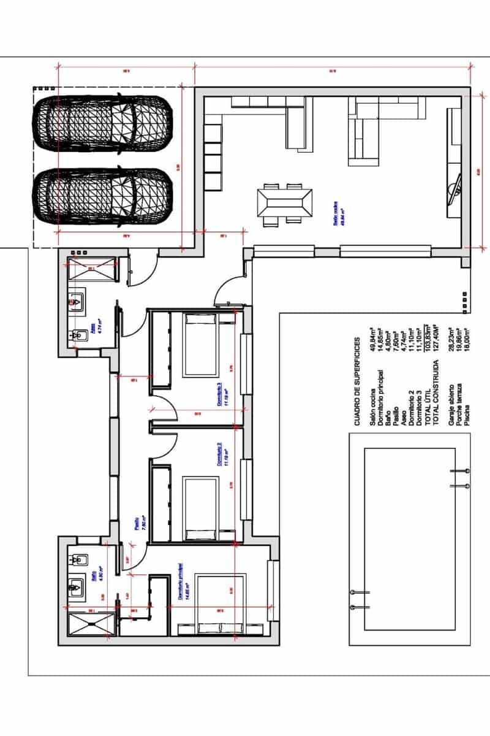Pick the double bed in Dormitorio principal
(x=221, y=604)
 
